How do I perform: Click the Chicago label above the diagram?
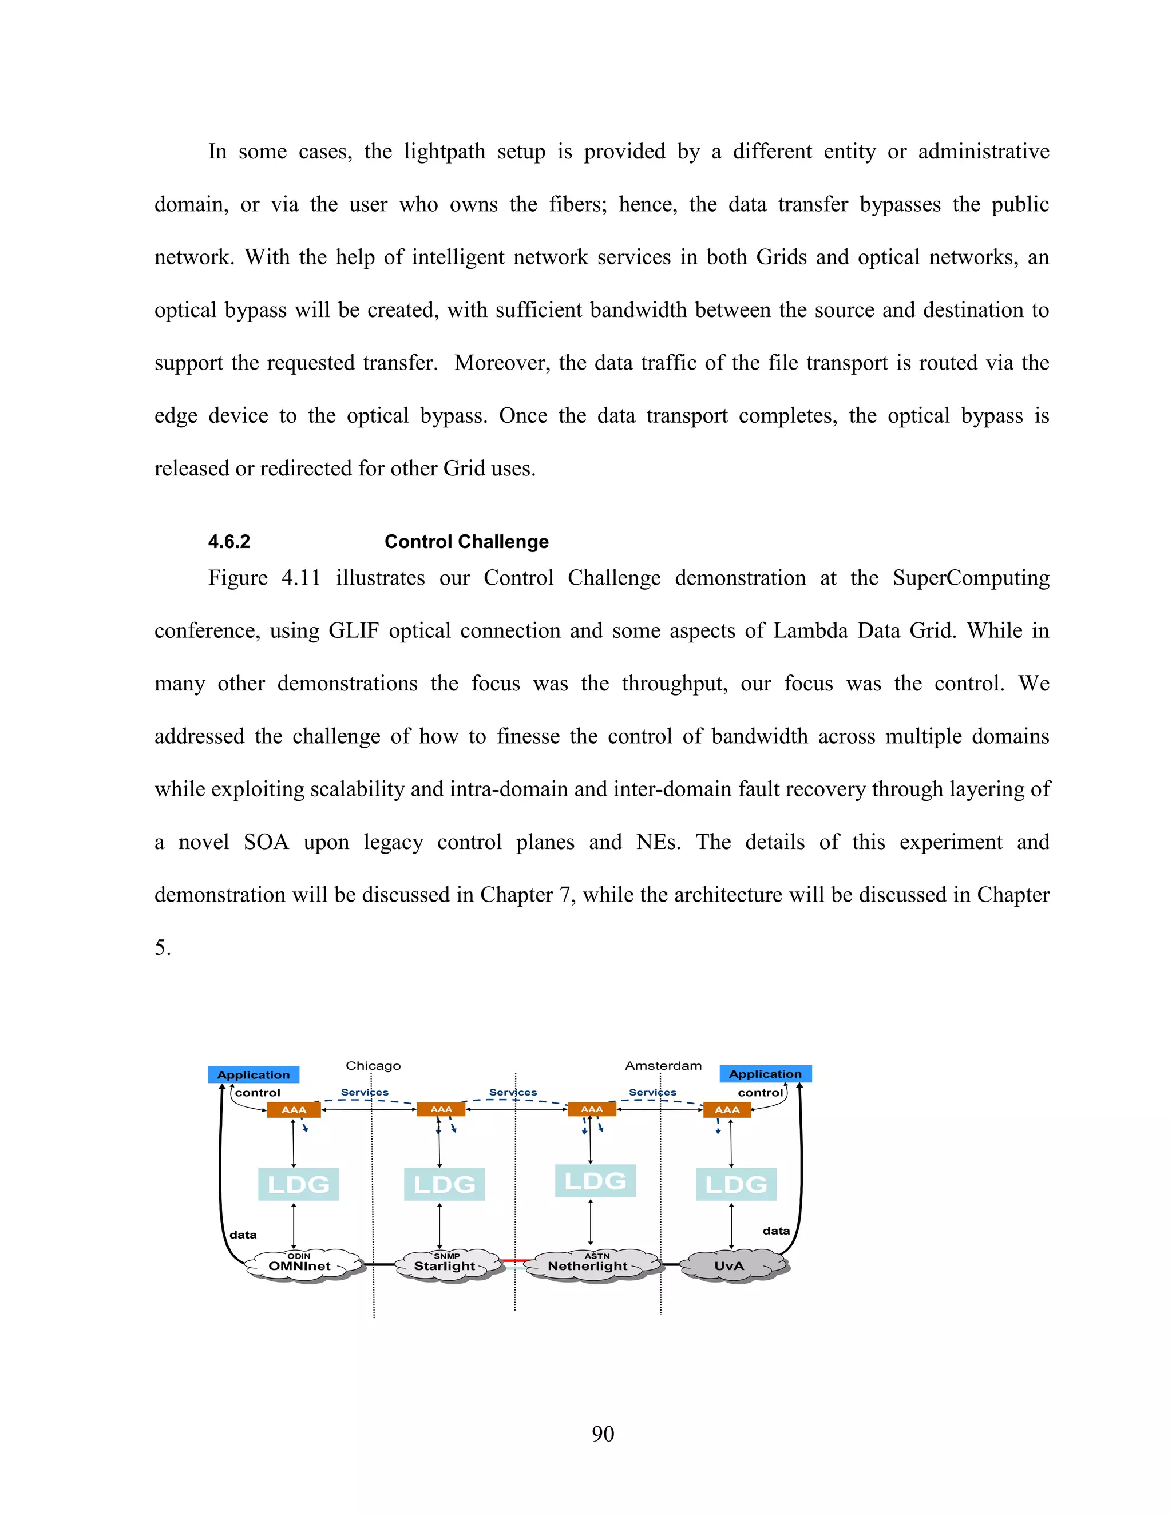[x=373, y=1066]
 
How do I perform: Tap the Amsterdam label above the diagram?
[x=663, y=1066]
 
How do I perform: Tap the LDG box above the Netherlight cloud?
[x=595, y=1181]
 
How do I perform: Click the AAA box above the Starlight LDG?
[x=441, y=1109]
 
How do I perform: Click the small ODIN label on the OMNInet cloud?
[x=299, y=1256]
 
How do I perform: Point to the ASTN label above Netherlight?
[x=597, y=1256]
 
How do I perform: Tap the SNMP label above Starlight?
[x=446, y=1256]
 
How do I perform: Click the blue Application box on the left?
[x=254, y=1074]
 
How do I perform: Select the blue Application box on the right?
[x=765, y=1074]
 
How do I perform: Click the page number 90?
[x=603, y=1434]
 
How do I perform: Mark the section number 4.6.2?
[x=229, y=541]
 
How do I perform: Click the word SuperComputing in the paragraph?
[x=971, y=578]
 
